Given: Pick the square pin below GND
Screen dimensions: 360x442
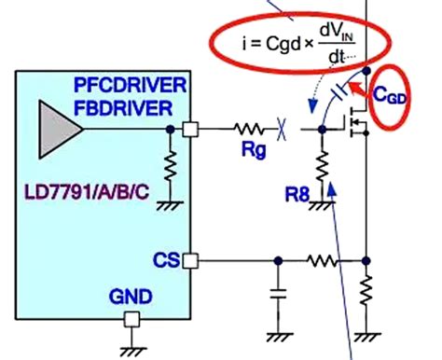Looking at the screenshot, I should tap(131, 320).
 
